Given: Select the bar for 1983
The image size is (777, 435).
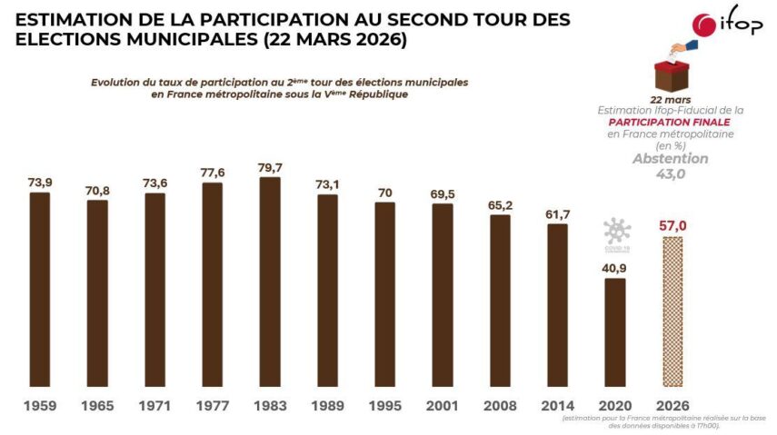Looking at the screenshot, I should tap(270, 281).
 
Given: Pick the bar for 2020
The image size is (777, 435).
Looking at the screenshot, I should tap(615, 331).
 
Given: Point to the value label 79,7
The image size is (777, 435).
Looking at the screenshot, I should tap(270, 165).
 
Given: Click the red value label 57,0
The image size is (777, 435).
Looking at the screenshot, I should tap(673, 224).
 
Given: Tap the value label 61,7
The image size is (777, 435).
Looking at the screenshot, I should tap(557, 213).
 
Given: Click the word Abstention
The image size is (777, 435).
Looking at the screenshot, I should tap(671, 158).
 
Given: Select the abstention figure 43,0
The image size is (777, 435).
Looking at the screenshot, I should tap(671, 173).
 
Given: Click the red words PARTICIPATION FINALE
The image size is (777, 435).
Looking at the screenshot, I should tap(671, 122).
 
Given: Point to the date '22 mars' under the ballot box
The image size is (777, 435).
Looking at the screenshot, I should tap(671, 98).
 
